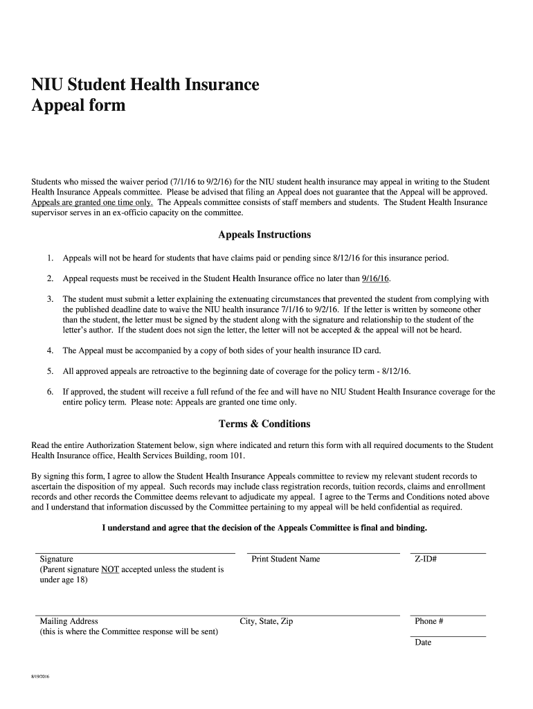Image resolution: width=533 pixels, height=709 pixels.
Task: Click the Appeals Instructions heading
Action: tap(264, 235)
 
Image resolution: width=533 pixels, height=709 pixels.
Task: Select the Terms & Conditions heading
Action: tap(264, 424)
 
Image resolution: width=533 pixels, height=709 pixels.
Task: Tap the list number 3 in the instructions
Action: tap(51, 299)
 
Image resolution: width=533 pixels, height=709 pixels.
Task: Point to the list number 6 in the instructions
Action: tap(51, 392)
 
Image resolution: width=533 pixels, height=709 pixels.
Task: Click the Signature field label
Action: tap(57, 559)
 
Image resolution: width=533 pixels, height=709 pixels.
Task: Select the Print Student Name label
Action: tap(285, 559)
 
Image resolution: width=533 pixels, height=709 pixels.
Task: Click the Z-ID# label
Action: tap(426, 559)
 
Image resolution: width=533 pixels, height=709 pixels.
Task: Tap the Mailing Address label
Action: tap(69, 621)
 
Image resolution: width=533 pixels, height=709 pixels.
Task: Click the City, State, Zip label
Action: tap(266, 621)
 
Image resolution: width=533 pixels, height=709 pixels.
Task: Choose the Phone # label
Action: tap(428, 621)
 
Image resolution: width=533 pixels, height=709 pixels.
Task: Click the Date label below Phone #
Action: tap(423, 643)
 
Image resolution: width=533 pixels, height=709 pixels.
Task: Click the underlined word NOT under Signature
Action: tap(110, 570)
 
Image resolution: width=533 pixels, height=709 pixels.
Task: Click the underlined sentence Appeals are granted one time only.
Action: tap(92, 202)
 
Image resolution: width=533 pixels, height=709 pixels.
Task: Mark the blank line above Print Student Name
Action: tap(323, 553)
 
